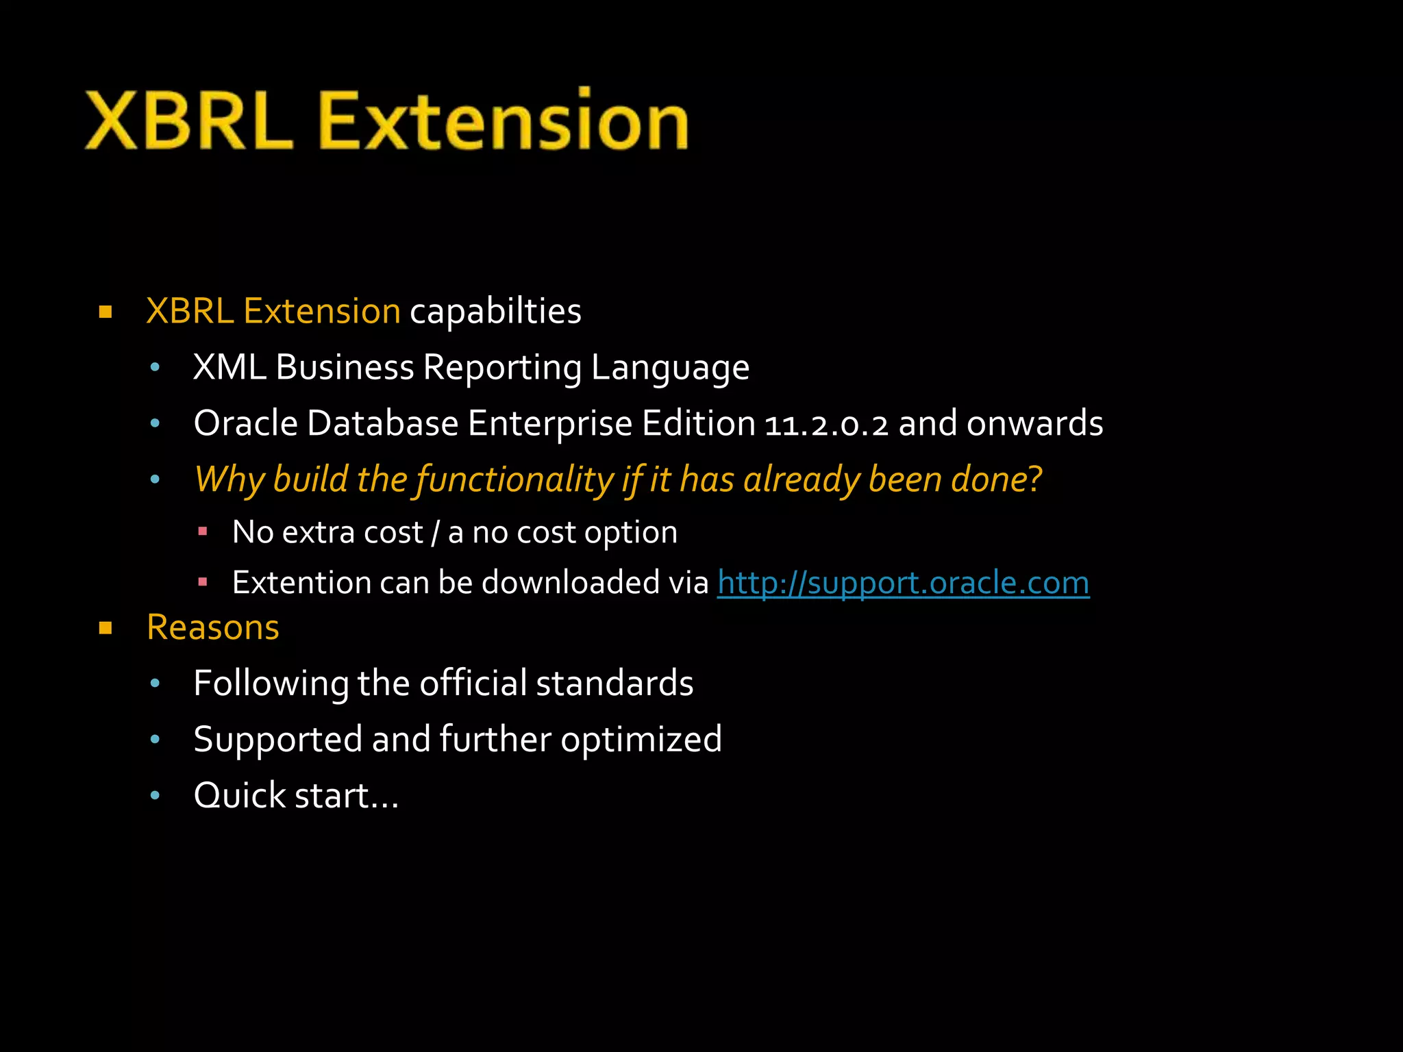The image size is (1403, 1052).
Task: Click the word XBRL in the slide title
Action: (188, 122)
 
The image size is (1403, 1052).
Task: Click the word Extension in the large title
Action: (504, 122)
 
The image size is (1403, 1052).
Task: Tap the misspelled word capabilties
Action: (495, 312)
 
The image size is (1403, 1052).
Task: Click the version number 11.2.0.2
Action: (826, 425)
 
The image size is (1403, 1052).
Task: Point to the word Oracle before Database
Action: (245, 423)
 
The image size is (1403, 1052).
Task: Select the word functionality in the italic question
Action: (514, 479)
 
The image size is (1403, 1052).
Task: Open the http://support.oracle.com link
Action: (903, 583)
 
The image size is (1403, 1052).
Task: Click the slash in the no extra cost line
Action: (436, 533)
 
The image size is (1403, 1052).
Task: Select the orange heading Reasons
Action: (212, 627)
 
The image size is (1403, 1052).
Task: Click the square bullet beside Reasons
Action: (105, 628)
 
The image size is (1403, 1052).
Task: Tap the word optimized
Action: (641, 740)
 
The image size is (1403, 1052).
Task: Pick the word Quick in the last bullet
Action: (240, 796)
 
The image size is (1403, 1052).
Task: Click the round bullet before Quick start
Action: (155, 795)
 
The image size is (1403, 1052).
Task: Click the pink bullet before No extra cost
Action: (202, 531)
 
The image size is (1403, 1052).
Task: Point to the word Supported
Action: (277, 740)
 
